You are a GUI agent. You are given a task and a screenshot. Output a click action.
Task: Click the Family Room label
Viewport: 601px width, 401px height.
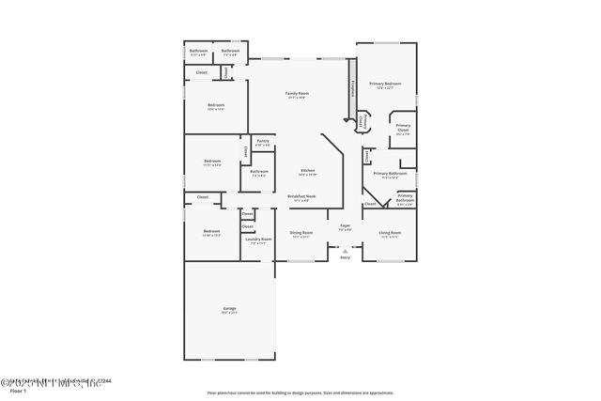pyautogui.click(x=298, y=93)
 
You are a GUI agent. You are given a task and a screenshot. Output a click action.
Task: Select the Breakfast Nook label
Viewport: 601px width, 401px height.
pyautogui.click(x=301, y=196)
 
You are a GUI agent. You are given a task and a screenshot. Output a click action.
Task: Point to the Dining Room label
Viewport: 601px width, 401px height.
pyautogui.click(x=300, y=232)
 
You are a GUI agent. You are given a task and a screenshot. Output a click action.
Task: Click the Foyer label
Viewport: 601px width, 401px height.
pyautogui.click(x=345, y=225)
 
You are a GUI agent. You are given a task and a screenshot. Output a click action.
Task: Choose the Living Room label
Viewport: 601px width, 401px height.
pyautogui.click(x=390, y=232)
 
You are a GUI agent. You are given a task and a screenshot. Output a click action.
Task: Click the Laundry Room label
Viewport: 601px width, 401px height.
pyautogui.click(x=259, y=239)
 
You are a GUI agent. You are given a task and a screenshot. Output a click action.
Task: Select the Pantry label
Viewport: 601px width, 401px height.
pyautogui.click(x=262, y=141)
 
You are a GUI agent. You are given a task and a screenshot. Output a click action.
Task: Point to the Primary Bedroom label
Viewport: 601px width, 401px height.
pyautogui.click(x=385, y=85)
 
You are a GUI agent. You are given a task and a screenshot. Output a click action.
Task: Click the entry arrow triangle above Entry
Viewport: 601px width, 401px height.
pyautogui.click(x=345, y=251)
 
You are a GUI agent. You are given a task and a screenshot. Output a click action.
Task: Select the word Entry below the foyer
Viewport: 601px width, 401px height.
pyautogui.click(x=345, y=257)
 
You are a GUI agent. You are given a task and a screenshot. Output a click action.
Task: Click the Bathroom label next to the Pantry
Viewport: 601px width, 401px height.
pyautogui.click(x=259, y=172)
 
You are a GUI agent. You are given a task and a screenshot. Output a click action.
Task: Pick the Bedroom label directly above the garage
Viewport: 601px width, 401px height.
pyautogui.click(x=211, y=232)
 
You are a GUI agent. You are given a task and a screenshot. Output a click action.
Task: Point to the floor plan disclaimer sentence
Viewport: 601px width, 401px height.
pyautogui.click(x=300, y=393)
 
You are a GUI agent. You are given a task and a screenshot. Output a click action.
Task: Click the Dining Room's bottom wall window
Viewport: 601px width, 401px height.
pyautogui.click(x=300, y=260)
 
